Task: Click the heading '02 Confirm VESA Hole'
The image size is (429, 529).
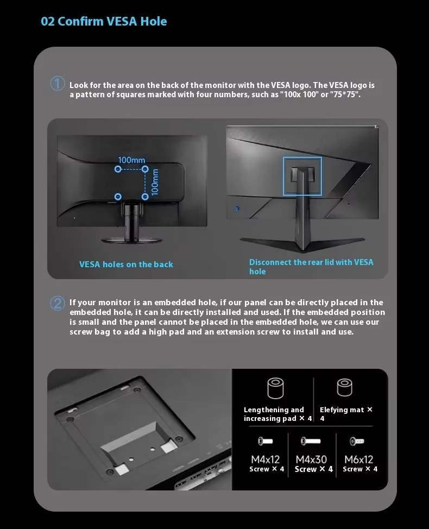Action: tap(104, 22)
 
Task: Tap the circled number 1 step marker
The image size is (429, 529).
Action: tap(58, 84)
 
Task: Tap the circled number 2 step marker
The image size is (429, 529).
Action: tap(58, 303)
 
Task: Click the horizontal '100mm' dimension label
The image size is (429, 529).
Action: tap(131, 160)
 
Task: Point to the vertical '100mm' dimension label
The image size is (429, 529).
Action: tap(155, 182)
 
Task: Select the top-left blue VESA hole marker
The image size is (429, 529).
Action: tap(118, 169)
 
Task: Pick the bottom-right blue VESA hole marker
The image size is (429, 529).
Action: tap(145, 196)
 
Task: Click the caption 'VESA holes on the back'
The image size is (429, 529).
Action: tap(126, 264)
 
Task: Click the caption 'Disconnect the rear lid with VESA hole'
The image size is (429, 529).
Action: tap(311, 266)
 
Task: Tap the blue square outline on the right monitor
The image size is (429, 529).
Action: tap(302, 177)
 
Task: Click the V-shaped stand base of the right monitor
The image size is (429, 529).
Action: tap(302, 243)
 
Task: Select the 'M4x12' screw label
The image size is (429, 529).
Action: tap(266, 459)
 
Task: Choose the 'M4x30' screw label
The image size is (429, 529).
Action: tap(311, 459)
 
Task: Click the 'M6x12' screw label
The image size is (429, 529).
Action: tap(358, 459)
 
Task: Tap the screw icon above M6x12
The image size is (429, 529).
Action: tap(357, 441)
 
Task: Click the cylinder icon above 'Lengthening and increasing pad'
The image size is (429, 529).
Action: tap(276, 389)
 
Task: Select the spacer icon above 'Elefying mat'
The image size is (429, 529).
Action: tap(344, 387)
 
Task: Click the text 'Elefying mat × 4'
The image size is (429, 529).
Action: tap(346, 414)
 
